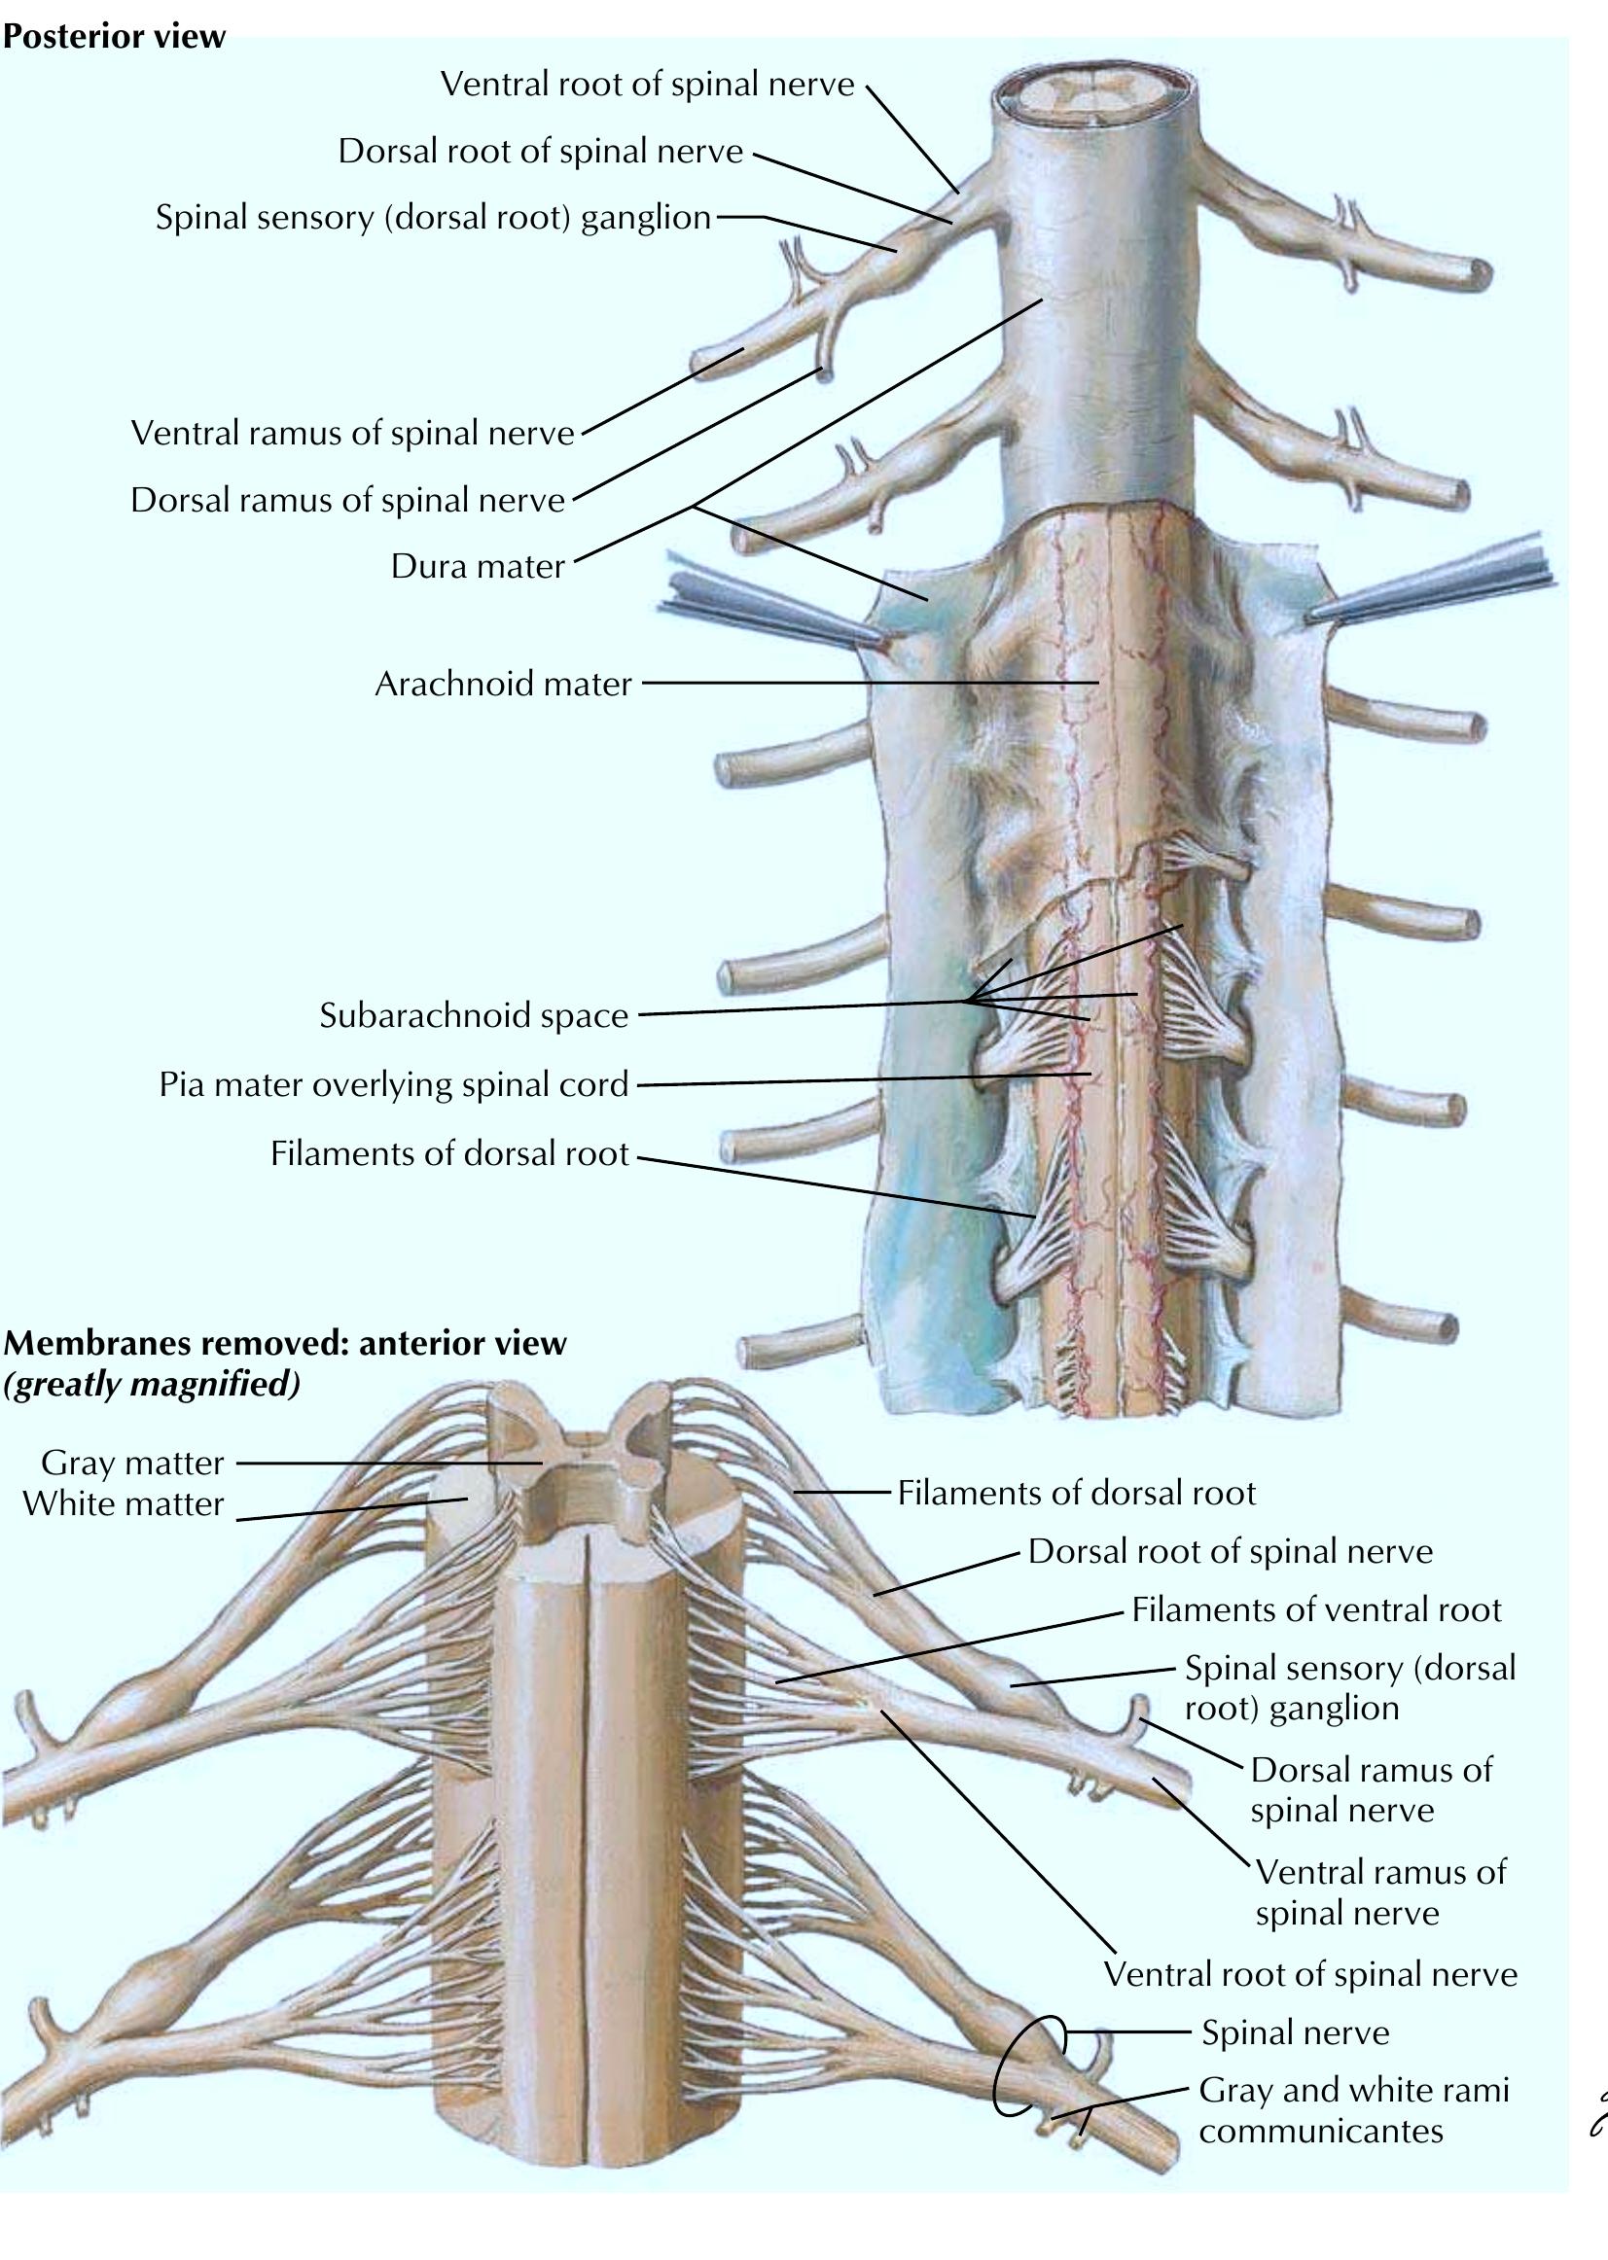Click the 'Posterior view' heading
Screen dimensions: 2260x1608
pyautogui.click(x=114, y=37)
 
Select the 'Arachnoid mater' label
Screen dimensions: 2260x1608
pyautogui.click(x=503, y=683)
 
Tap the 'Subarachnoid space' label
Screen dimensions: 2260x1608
pyautogui.click(x=474, y=1014)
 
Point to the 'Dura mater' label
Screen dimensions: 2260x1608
pyautogui.click(x=478, y=565)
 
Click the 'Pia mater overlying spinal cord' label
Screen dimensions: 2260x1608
pyautogui.click(x=393, y=1084)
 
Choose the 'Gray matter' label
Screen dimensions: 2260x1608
pyautogui.click(x=132, y=1463)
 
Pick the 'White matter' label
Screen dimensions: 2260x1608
pyautogui.click(x=124, y=1503)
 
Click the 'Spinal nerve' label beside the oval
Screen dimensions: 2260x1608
pyautogui.click(x=1295, y=2032)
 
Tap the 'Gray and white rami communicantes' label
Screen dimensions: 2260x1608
pyautogui.click(x=1352, y=2109)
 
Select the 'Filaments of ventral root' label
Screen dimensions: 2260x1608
pyautogui.click(x=1316, y=1608)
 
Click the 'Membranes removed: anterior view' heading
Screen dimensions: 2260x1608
pyautogui.click(x=284, y=1343)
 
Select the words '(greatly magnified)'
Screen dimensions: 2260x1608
pyautogui.click(x=151, y=1383)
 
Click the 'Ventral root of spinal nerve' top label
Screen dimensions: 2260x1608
pyautogui.click(x=647, y=85)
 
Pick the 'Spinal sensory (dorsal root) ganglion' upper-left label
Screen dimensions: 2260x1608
pyautogui.click(x=433, y=217)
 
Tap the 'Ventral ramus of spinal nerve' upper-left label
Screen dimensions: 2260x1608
pyautogui.click(x=352, y=433)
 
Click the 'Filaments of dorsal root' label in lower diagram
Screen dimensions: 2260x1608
pyautogui.click(x=1076, y=1492)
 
